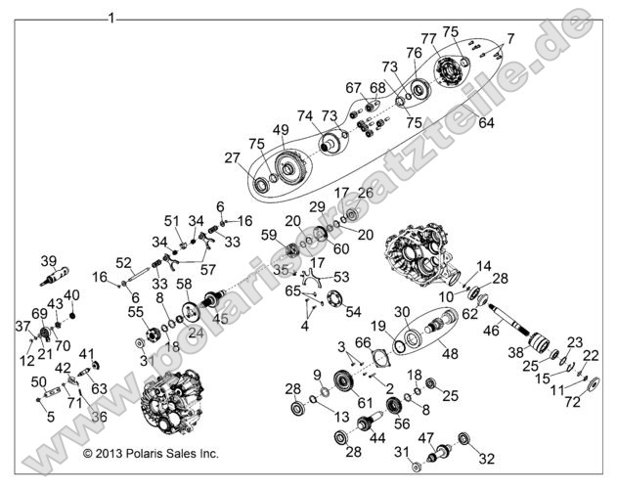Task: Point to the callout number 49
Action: click(281, 130)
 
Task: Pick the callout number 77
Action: click(429, 39)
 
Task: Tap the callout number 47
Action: click(425, 437)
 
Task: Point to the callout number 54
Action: click(353, 310)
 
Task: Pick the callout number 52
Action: click(123, 262)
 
